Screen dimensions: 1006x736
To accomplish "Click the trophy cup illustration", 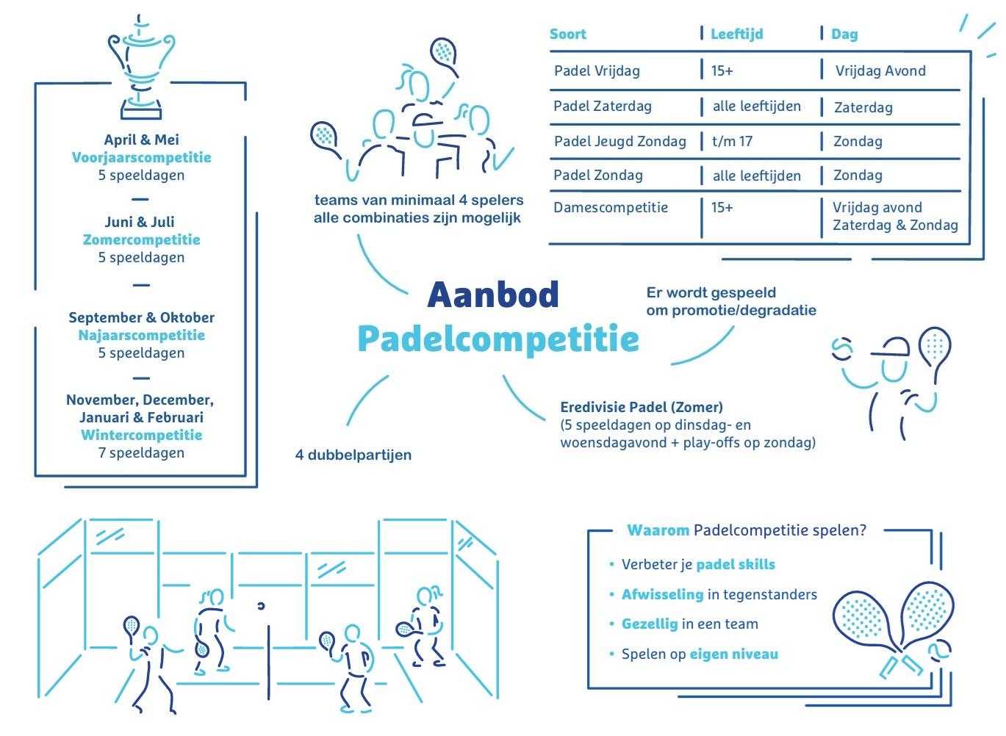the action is [141, 68].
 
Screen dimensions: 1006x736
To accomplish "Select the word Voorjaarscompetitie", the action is [142, 157].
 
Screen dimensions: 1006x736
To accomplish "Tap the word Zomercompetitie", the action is [142, 239].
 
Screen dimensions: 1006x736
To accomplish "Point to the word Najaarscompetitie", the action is [142, 335].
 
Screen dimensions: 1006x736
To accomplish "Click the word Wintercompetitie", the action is [142, 435].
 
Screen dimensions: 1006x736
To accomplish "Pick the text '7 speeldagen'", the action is [142, 452].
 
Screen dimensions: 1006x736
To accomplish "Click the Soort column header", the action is [568, 34].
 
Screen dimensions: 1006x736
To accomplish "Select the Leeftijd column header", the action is [736, 34].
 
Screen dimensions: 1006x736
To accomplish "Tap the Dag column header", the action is [844, 35].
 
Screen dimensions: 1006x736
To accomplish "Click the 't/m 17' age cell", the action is [732, 141].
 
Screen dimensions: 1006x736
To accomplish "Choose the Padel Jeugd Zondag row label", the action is [619, 141].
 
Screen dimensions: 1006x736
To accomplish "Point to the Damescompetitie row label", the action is [611, 207].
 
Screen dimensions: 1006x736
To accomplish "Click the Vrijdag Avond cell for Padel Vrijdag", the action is [880, 71].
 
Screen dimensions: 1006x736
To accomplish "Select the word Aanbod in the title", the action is [493, 295].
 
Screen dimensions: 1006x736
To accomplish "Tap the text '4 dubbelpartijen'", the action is [353, 455].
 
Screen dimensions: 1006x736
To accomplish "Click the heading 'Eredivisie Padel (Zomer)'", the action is [642, 407].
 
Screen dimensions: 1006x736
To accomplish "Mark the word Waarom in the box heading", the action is [658, 530].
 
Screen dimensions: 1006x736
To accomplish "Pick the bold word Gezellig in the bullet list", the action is [650, 624].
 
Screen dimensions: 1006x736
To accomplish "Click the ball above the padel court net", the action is [261, 606].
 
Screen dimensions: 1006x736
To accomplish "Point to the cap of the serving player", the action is [890, 347].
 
